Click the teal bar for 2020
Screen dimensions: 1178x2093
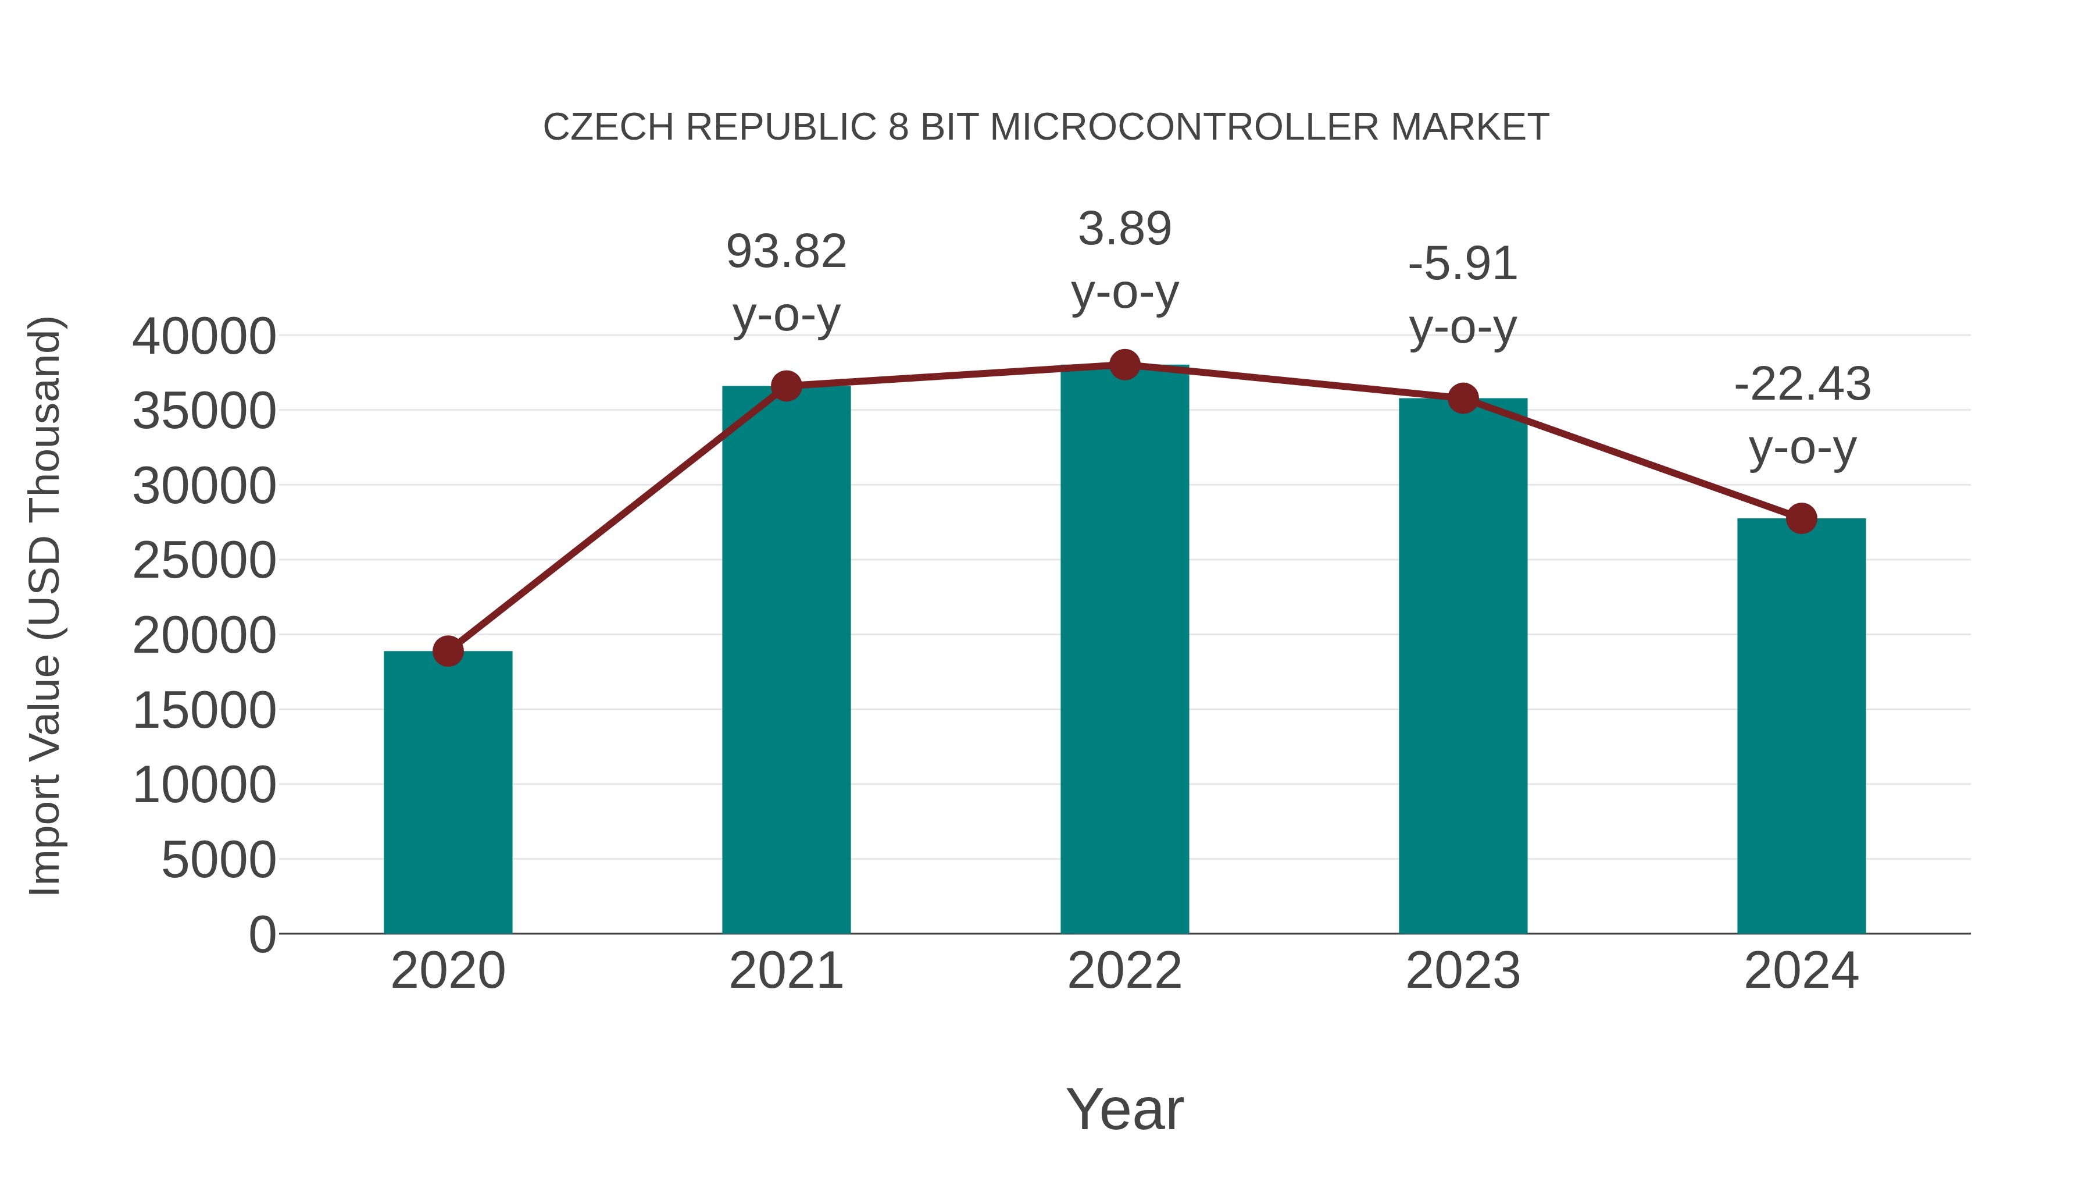tap(448, 793)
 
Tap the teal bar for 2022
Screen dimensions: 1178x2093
tap(1124, 650)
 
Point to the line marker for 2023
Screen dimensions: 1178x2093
tap(1463, 398)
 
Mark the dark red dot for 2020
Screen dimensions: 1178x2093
tap(448, 651)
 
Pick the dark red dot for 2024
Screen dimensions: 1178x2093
tap(1801, 518)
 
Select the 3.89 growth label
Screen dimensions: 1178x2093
tap(1124, 229)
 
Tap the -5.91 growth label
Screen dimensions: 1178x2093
tap(1463, 265)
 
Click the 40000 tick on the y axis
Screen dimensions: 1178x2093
tap(204, 337)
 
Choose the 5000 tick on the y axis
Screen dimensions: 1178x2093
tap(219, 860)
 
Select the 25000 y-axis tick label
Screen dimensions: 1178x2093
tap(204, 561)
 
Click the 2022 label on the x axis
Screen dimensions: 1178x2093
tap(1124, 971)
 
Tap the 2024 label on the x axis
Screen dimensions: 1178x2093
tap(1801, 971)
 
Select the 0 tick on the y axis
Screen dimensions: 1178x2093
tap(262, 935)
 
